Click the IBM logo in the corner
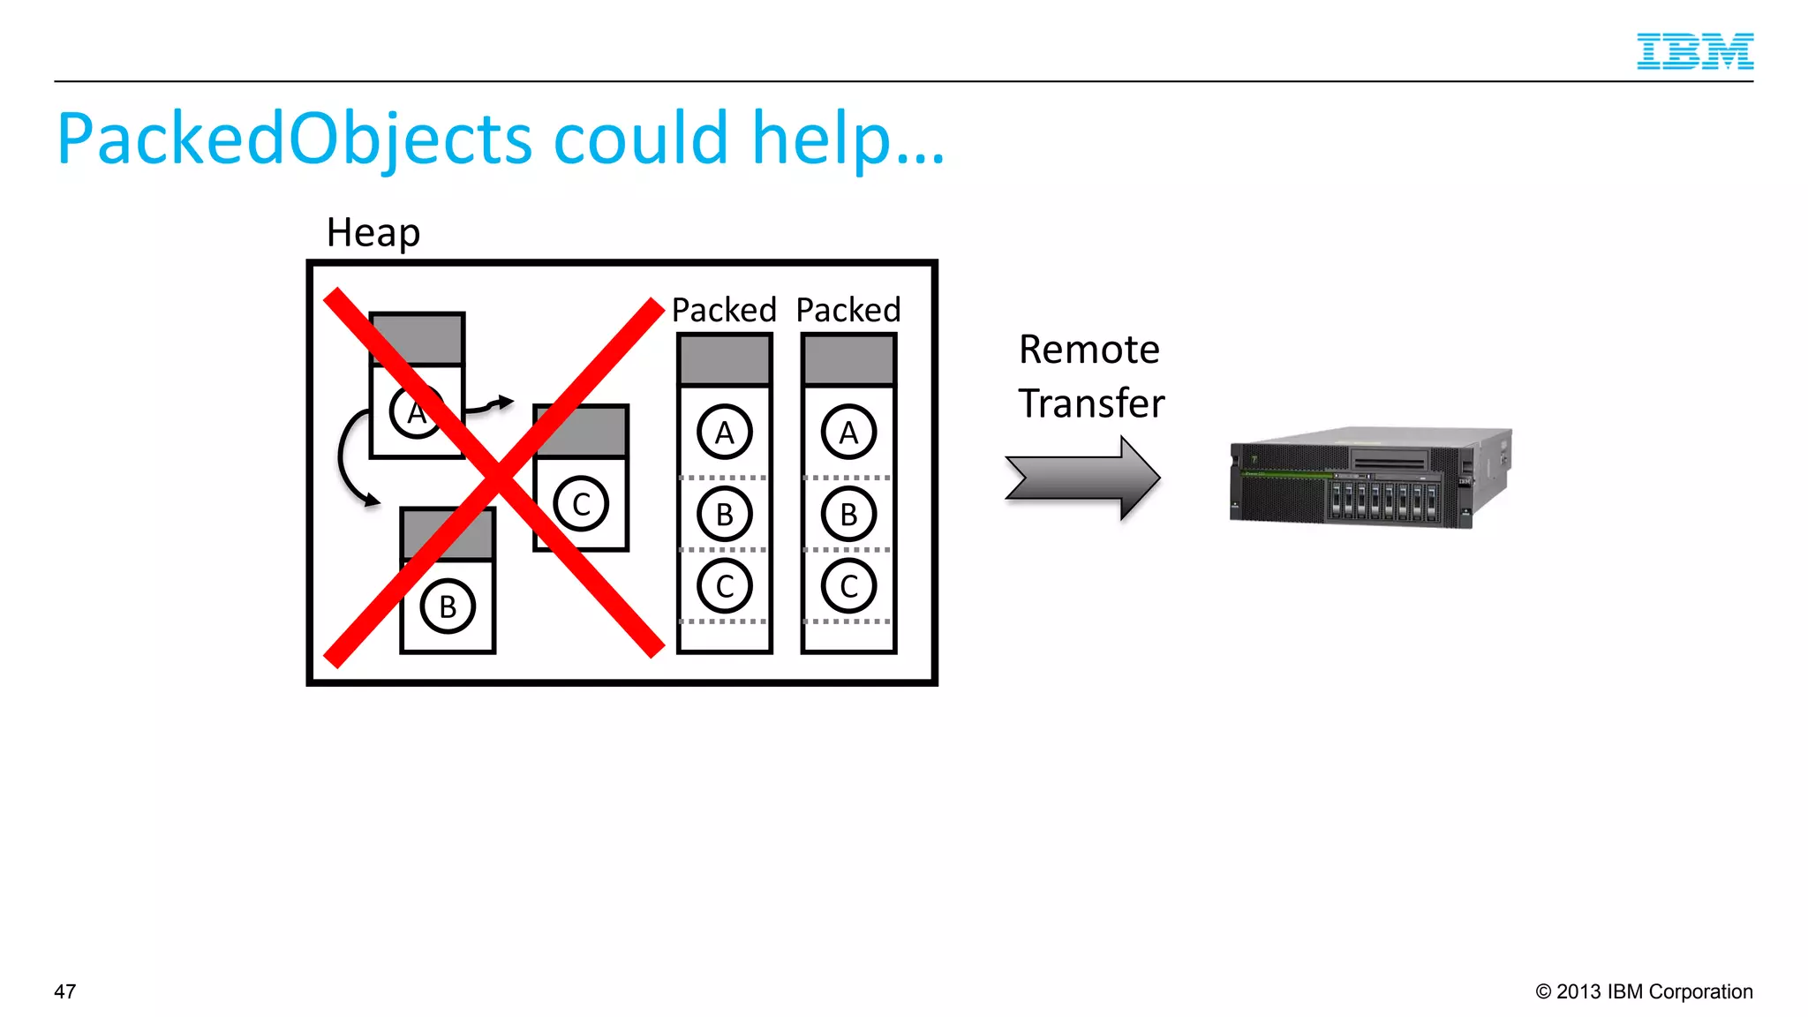(x=1694, y=51)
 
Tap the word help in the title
(x=821, y=139)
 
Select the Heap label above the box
(x=373, y=233)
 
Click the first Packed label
(x=724, y=310)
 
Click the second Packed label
(x=848, y=310)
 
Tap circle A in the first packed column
(x=725, y=433)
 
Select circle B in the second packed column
(x=848, y=514)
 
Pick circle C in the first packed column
(x=725, y=586)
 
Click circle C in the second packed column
(x=848, y=586)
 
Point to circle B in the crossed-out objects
(x=448, y=606)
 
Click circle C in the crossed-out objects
(x=581, y=504)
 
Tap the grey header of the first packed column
(x=725, y=360)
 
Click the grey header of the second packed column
(x=848, y=360)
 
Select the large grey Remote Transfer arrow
(x=1082, y=478)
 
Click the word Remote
(x=1089, y=350)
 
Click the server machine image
(x=1370, y=478)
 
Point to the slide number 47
(x=65, y=991)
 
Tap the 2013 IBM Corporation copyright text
(x=1644, y=991)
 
